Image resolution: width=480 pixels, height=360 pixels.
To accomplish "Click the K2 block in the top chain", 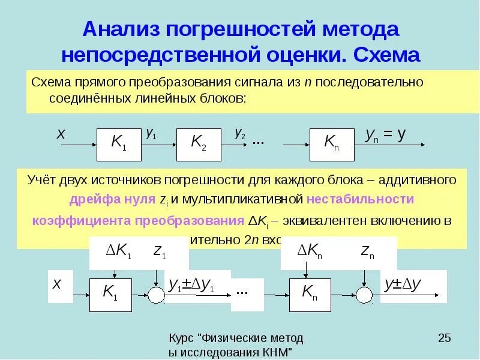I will coord(198,144).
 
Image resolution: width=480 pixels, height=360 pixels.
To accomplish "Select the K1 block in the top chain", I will coord(119,144).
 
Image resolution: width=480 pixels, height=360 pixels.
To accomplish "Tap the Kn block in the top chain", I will coord(332,144).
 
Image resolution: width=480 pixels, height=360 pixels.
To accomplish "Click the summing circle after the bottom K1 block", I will coord(157,295).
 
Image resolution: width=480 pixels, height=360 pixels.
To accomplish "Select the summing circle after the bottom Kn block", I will coord(364,295).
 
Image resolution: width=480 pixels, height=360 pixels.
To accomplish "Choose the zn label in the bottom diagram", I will coord(367,253).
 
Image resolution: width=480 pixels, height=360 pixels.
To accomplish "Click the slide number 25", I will coord(445,338).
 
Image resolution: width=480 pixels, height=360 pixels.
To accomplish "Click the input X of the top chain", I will coord(61,135).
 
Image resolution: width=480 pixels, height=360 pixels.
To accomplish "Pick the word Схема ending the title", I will coord(386,55).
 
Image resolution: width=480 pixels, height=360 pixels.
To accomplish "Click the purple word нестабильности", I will coord(360,199).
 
